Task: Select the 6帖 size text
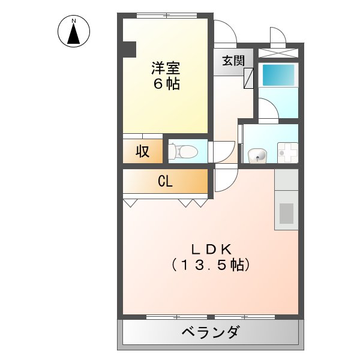(x=166, y=84)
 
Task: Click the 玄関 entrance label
(x=233, y=61)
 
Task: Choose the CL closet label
(x=166, y=181)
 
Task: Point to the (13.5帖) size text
(x=211, y=264)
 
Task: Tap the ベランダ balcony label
(x=210, y=332)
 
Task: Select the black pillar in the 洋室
(x=129, y=49)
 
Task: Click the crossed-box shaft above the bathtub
(x=278, y=52)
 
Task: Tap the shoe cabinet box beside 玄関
(x=249, y=78)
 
